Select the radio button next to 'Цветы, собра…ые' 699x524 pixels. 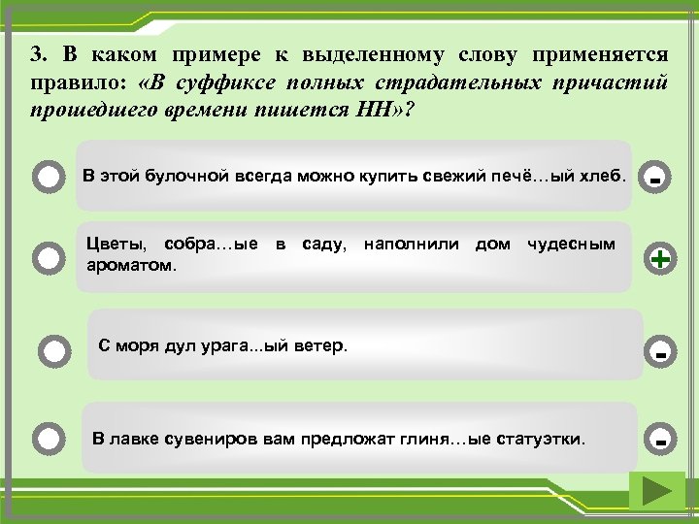(48, 257)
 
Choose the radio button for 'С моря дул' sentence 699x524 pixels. (56, 350)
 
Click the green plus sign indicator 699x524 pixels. (660, 259)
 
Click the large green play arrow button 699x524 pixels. (656, 492)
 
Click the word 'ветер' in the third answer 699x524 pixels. (323, 345)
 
